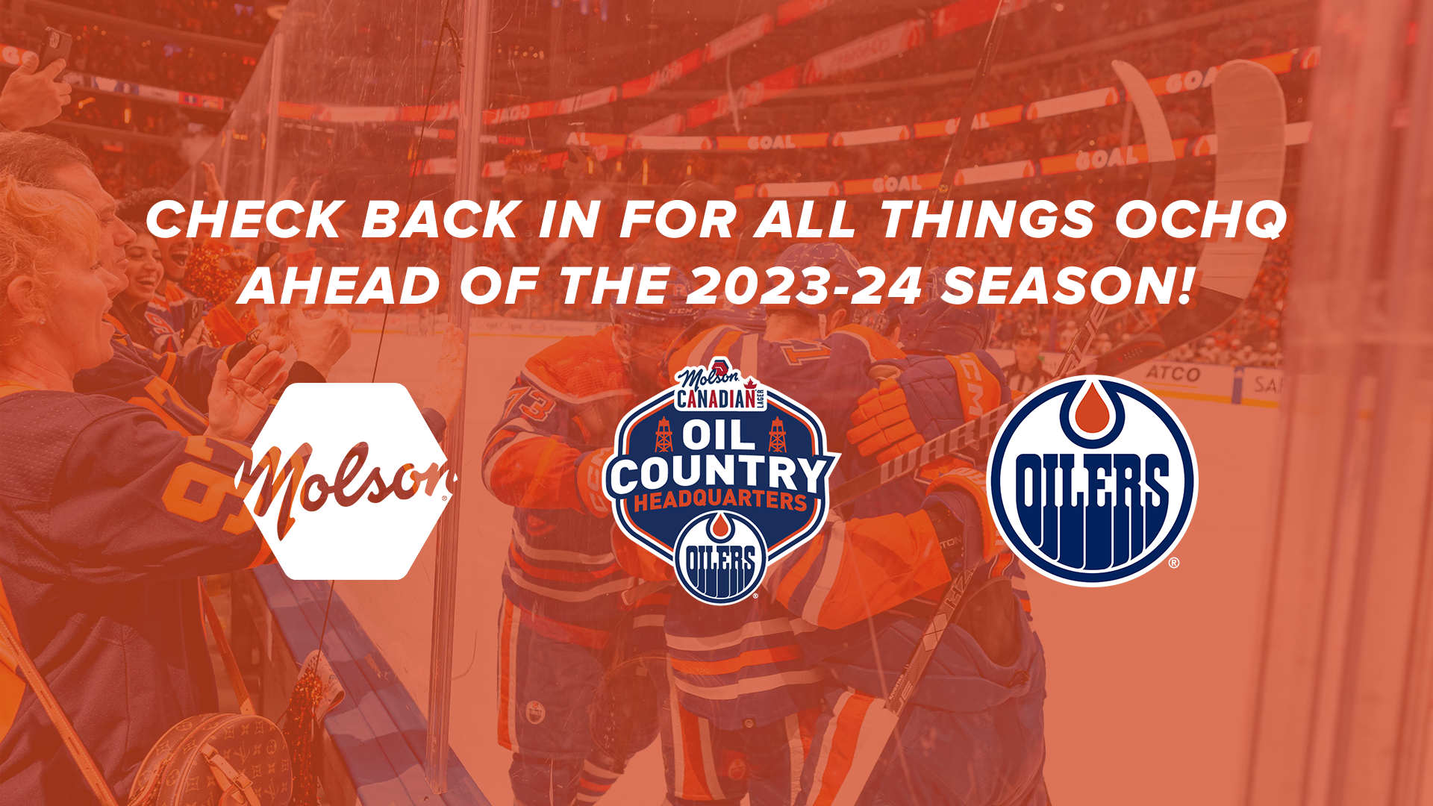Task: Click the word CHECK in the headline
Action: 243,220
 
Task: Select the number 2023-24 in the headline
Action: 804,287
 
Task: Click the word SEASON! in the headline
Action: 1064,287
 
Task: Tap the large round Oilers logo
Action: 1092,481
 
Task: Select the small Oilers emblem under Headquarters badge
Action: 720,557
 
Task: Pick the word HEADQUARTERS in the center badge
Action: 720,502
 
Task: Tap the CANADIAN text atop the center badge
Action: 716,399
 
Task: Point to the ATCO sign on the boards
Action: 1173,373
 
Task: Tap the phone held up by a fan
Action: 54,49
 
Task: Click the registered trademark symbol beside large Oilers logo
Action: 1173,563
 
